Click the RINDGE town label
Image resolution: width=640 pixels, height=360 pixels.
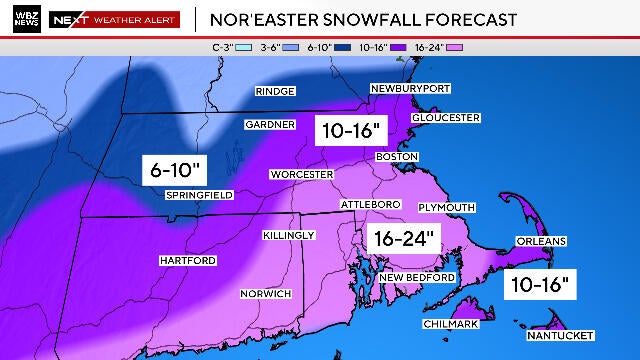coord(274,91)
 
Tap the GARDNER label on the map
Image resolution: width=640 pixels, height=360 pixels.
coord(270,125)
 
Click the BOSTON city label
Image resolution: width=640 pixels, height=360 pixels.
coord(395,157)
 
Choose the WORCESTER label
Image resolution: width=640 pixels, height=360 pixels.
coord(301,175)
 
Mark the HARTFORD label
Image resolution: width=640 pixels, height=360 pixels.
coord(187,261)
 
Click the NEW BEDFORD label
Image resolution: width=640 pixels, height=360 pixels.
coord(417,277)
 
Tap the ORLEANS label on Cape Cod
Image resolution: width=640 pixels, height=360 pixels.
coord(541,241)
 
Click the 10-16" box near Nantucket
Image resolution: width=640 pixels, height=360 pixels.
coord(539,284)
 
